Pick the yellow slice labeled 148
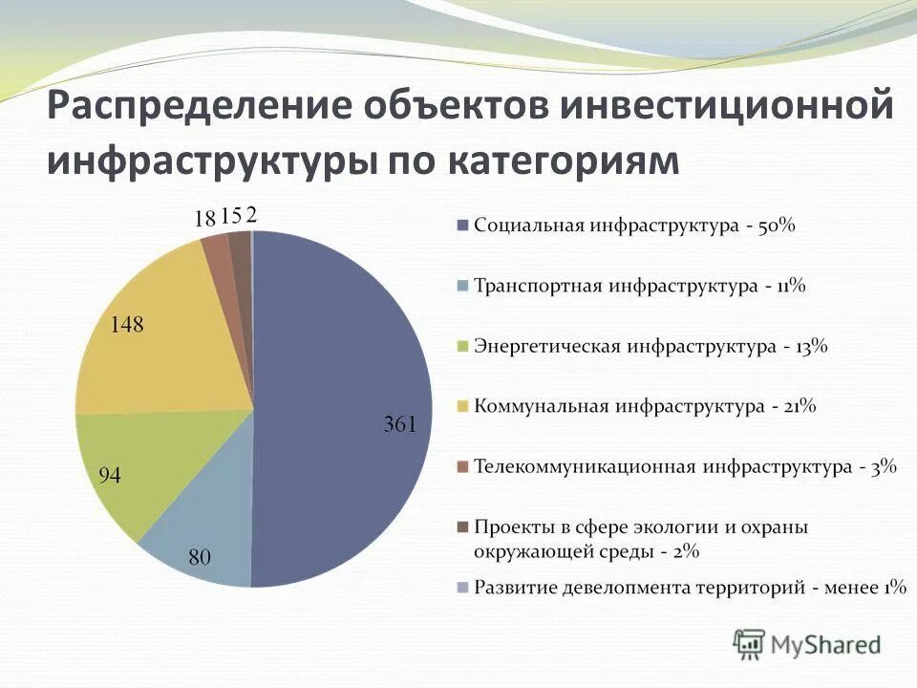coord(162,334)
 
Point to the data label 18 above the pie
coord(204,218)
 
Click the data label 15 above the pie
coord(230,216)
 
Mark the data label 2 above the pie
coord(251,215)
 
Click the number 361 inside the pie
coord(400,425)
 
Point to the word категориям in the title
coord(562,160)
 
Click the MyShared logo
coord(807,643)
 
